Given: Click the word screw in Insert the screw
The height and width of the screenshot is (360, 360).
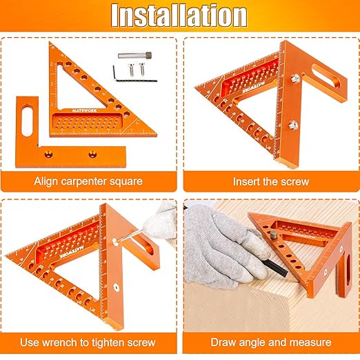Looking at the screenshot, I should pyautogui.click(x=293, y=182).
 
